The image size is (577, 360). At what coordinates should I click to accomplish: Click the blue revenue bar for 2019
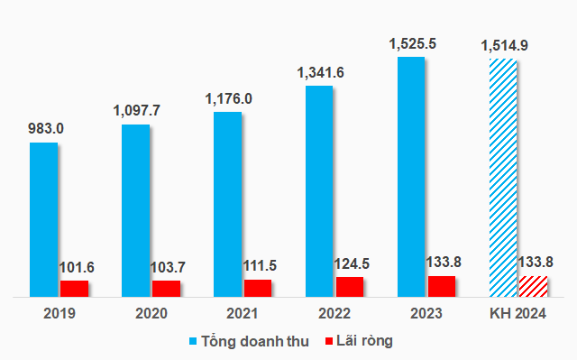[x=43, y=219]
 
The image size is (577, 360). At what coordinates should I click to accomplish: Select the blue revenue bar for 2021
[x=227, y=204]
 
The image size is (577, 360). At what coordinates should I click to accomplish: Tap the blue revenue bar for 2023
[x=411, y=177]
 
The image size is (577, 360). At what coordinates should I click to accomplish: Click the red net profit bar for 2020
[x=166, y=288]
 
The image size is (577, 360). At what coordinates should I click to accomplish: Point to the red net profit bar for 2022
[x=350, y=286]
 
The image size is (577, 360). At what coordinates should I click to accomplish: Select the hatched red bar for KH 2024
[x=534, y=285]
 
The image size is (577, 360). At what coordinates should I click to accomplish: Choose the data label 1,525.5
[x=412, y=42]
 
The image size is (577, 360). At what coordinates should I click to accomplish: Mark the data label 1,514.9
[x=503, y=45]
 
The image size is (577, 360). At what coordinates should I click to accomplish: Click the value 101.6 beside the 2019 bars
[x=78, y=268]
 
